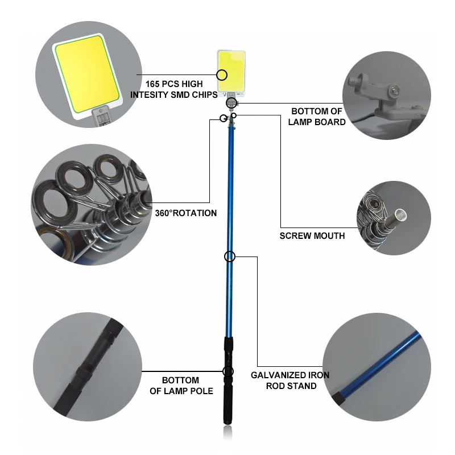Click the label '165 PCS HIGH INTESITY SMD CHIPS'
pos(174,89)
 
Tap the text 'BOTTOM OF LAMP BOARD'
pos(317,116)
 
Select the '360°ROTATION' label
pos(186,213)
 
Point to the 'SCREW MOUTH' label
pos(312,235)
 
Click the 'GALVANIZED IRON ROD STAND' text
pos(290,380)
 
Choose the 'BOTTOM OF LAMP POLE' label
pos(181,385)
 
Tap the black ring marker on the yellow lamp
pos(222,75)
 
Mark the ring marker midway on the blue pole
pos(229,257)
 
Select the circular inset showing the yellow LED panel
pos(85,74)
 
